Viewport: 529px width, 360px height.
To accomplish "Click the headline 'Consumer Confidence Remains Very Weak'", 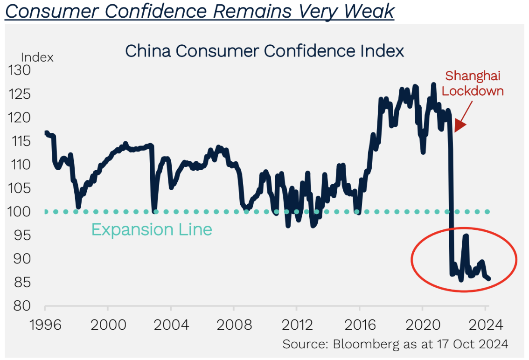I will pyautogui.click(x=199, y=11).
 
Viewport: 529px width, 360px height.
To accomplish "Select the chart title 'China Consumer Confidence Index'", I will pyautogui.click(x=264, y=51).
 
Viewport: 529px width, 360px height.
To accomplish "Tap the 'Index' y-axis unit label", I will pyautogui.click(x=37, y=58).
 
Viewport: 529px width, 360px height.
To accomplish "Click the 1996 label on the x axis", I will pyautogui.click(x=45, y=325).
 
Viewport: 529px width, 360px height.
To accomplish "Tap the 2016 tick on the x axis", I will pyautogui.click(x=359, y=325).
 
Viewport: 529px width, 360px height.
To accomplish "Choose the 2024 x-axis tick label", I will pyautogui.click(x=485, y=325).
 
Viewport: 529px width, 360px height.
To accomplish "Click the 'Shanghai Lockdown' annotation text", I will pyautogui.click(x=473, y=83).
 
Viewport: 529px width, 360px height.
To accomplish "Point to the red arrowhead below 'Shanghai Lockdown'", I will pyautogui.click(x=459, y=125).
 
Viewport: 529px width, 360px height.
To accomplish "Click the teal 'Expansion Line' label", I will pyautogui.click(x=152, y=230).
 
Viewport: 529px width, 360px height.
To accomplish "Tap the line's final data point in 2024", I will pyautogui.click(x=488, y=279).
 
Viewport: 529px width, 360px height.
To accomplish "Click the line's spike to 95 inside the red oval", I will pyautogui.click(x=465, y=236).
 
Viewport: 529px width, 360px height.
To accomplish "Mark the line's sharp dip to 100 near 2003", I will pyautogui.click(x=154, y=210).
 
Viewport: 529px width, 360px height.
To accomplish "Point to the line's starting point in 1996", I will pyautogui.click(x=46, y=133).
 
